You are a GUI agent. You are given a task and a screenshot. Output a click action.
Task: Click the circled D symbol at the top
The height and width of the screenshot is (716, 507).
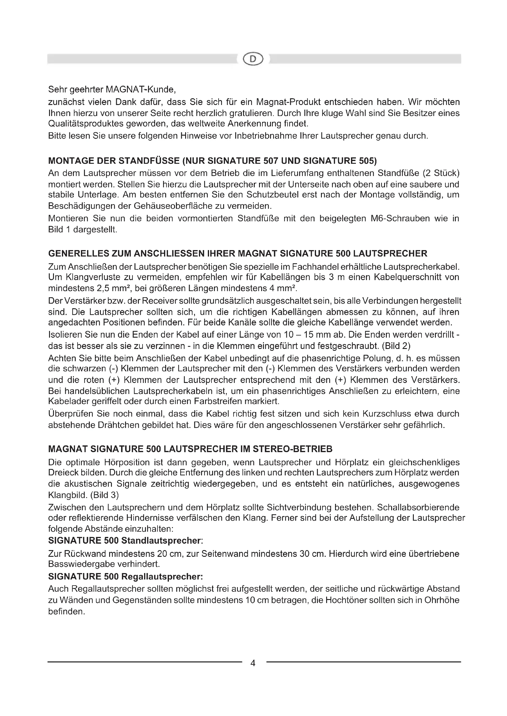coord(253,59)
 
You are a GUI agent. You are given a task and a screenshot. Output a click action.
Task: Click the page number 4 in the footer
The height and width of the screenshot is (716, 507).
coord(253,663)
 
